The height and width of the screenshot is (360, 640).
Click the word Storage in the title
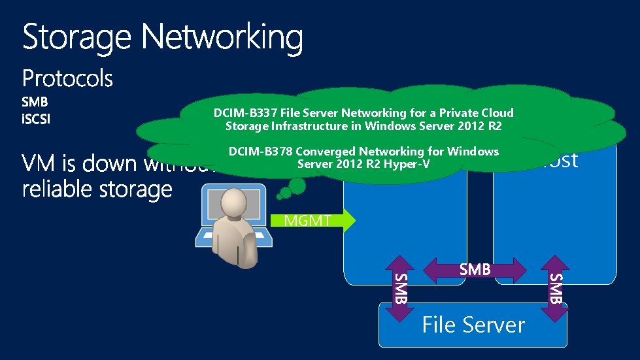[x=78, y=38]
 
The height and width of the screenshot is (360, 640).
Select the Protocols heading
[x=67, y=79]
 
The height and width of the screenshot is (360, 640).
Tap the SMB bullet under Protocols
[x=35, y=103]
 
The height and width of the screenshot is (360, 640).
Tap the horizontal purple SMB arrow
[x=475, y=269]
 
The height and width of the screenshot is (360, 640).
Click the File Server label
[x=473, y=325]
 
